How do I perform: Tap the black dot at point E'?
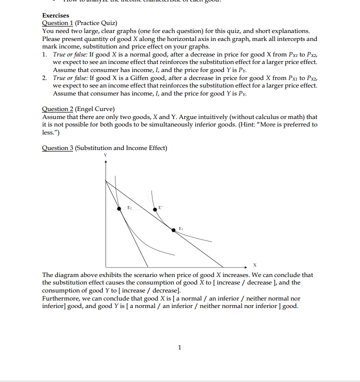tap(154, 209)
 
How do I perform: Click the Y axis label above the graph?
tap(105, 155)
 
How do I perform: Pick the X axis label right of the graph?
tap(254, 265)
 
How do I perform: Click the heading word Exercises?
tap(55, 15)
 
